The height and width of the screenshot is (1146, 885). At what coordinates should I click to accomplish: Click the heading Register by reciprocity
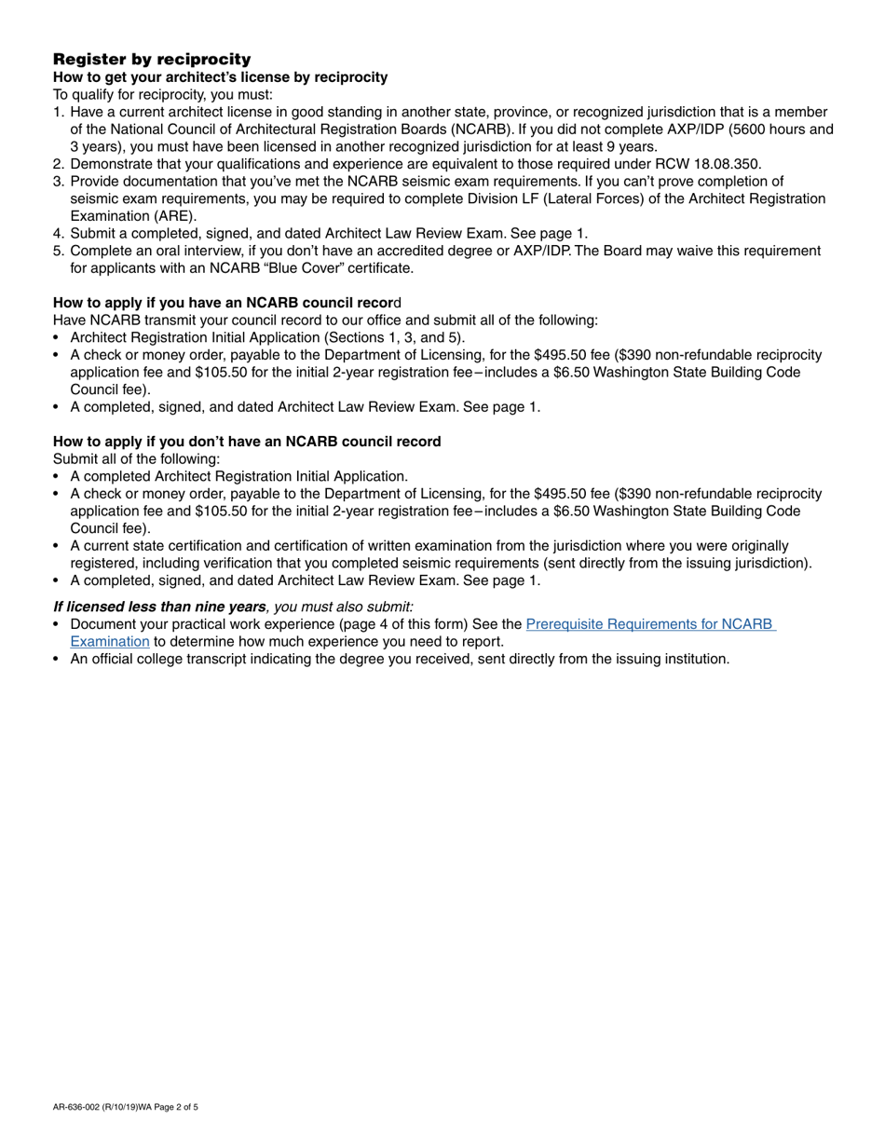coord(152,59)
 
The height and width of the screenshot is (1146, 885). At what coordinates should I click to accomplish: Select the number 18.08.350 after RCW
coord(728,164)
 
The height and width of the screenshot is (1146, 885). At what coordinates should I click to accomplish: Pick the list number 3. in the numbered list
coord(59,182)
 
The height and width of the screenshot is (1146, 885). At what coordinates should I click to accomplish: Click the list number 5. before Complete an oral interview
coord(59,251)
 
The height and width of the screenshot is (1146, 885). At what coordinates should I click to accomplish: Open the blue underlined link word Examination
coord(110,642)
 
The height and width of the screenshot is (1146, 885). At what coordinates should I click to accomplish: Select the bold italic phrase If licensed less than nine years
coord(159,607)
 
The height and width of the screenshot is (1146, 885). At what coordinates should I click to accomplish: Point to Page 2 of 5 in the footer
coord(177,1108)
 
